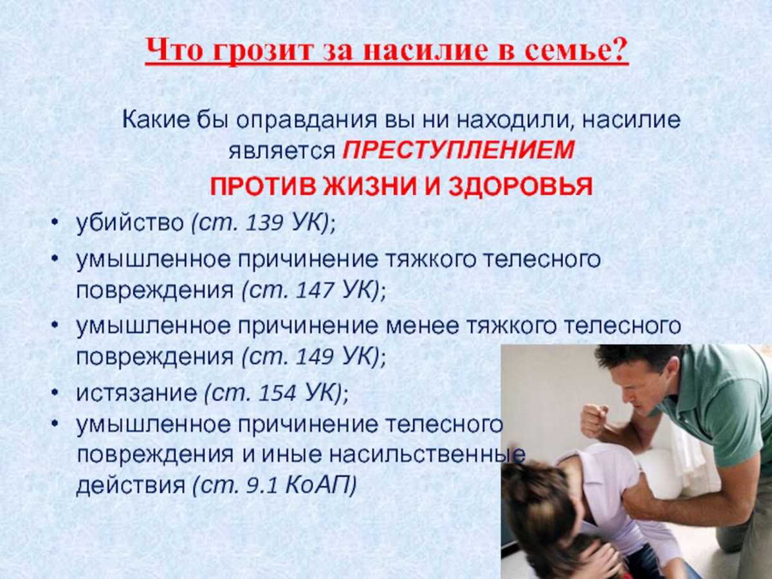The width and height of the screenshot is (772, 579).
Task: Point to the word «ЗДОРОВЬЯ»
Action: point(520,186)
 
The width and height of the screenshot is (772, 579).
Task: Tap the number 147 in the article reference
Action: point(315,290)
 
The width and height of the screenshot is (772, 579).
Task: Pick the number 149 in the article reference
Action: point(315,357)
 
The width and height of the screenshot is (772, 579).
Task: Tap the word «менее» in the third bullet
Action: point(423,326)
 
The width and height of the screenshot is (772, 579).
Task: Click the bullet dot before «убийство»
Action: point(54,223)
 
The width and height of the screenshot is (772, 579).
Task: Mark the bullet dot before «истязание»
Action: point(54,393)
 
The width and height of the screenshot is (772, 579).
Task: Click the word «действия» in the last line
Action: point(131,486)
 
